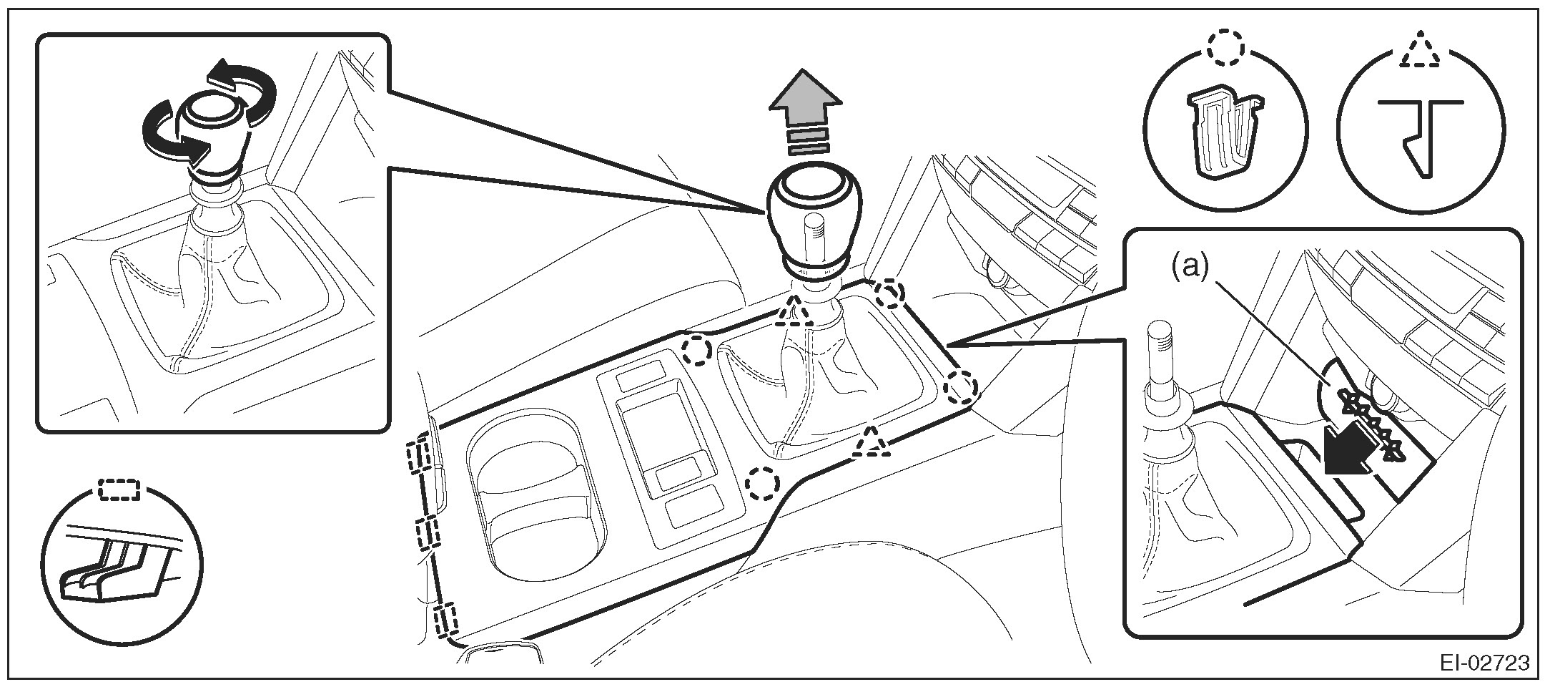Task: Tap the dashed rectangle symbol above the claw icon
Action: [121, 488]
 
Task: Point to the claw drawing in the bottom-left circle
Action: [114, 562]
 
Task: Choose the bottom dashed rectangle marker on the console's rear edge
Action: [444, 619]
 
